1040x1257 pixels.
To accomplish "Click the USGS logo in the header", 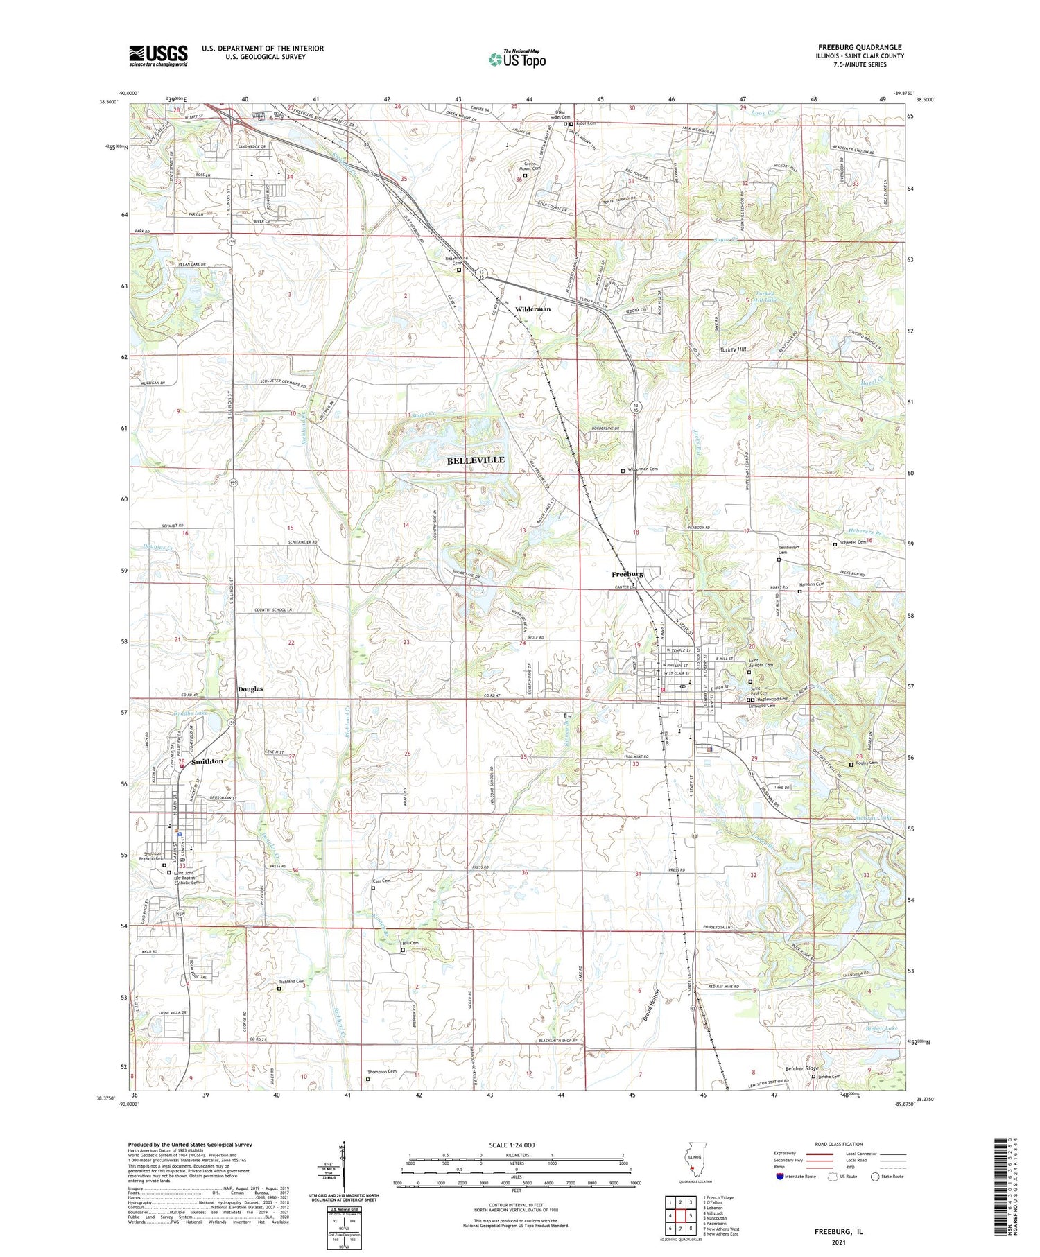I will pyautogui.click(x=158, y=55).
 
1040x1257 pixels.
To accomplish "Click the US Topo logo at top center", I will pyautogui.click(x=517, y=59).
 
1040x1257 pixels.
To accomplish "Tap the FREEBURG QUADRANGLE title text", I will pyautogui.click(x=860, y=48).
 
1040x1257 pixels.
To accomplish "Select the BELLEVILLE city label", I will pyautogui.click(x=475, y=460).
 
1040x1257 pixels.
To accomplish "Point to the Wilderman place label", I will pyautogui.click(x=532, y=309).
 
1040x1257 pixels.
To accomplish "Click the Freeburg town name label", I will pyautogui.click(x=627, y=574).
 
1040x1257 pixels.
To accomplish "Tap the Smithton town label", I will pyautogui.click(x=207, y=761).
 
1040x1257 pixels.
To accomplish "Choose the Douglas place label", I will pyautogui.click(x=250, y=688).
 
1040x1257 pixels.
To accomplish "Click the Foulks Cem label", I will pyautogui.click(x=867, y=763).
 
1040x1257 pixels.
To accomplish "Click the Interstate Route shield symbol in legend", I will pyautogui.click(x=779, y=1177).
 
